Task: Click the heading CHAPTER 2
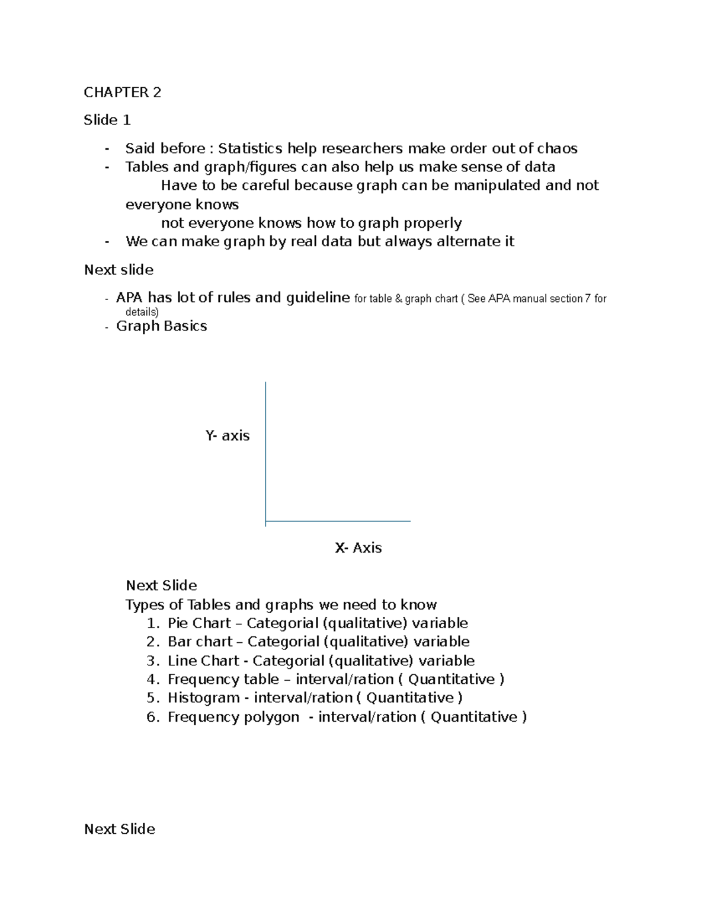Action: (122, 93)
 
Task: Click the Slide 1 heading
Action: (107, 120)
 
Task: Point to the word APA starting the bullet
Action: (130, 298)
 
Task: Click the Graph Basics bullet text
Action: (161, 326)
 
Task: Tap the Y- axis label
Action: (227, 436)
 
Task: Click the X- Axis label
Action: (358, 548)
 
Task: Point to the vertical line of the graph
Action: (265, 451)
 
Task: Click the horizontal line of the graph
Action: (338, 521)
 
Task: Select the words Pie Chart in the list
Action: (199, 623)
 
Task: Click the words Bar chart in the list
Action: (200, 642)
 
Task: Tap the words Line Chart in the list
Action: (203, 661)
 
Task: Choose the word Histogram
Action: (203, 698)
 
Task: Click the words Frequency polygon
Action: (233, 717)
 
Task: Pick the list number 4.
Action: (152, 680)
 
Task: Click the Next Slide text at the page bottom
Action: (120, 829)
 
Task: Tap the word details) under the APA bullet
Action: (142, 312)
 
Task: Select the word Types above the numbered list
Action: (145, 605)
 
